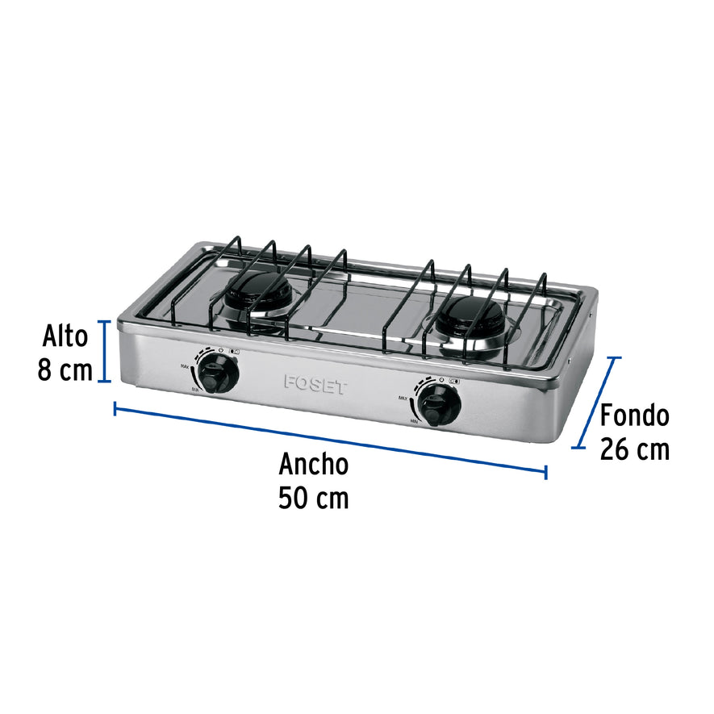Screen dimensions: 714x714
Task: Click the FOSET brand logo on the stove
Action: pyautogui.click(x=315, y=384)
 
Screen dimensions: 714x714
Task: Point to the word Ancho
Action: pyautogui.click(x=314, y=465)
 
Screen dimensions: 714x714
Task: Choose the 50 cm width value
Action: pyautogui.click(x=314, y=499)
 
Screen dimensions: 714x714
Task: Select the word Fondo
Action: pyautogui.click(x=634, y=415)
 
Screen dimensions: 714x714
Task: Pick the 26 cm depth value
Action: pyautogui.click(x=634, y=449)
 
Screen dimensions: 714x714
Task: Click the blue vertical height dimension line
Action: pyautogui.click(x=103, y=351)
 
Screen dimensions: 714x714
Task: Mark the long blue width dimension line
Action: pyautogui.click(x=331, y=440)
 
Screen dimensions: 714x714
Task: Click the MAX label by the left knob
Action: pyautogui.click(x=185, y=368)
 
